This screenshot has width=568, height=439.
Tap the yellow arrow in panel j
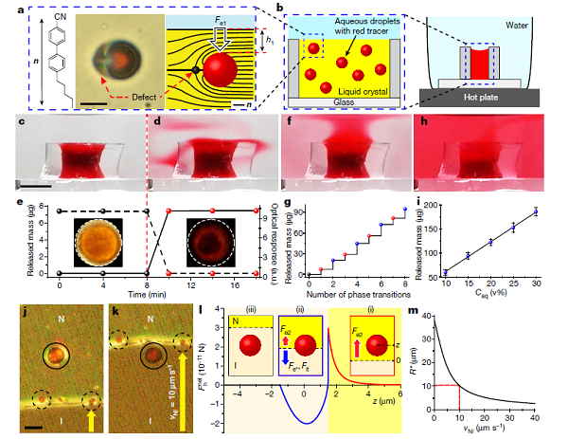(91, 414)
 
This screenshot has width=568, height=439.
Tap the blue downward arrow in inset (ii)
(286, 359)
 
